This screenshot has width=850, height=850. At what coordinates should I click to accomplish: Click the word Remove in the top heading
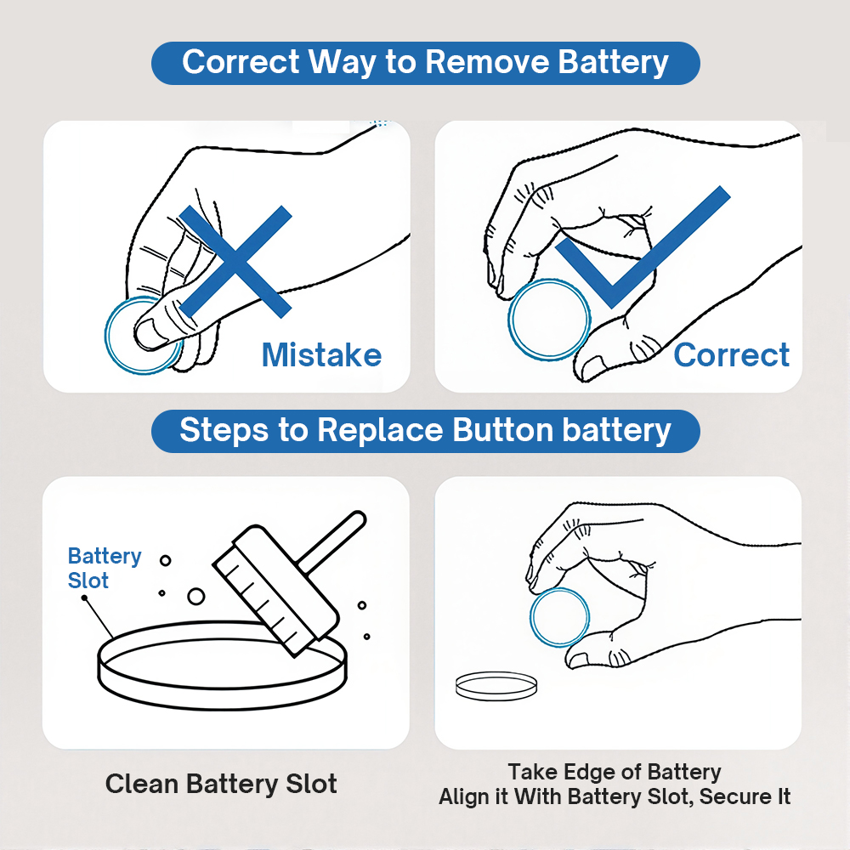click(487, 62)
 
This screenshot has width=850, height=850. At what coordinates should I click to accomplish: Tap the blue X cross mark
click(235, 261)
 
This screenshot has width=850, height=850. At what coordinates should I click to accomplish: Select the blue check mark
click(643, 247)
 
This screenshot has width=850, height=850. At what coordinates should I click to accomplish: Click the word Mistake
click(321, 355)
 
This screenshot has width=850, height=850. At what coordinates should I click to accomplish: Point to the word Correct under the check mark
click(731, 355)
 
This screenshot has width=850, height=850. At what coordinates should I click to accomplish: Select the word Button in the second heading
click(501, 430)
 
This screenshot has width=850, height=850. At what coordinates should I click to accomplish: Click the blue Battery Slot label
click(104, 568)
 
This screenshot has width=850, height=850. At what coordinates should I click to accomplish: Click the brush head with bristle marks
click(275, 591)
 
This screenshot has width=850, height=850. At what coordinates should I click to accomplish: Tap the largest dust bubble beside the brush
click(195, 597)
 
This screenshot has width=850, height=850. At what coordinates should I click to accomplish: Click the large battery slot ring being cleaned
click(222, 700)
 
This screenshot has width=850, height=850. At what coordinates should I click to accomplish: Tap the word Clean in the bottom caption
click(141, 784)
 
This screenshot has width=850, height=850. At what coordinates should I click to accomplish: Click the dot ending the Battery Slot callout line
click(84, 598)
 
